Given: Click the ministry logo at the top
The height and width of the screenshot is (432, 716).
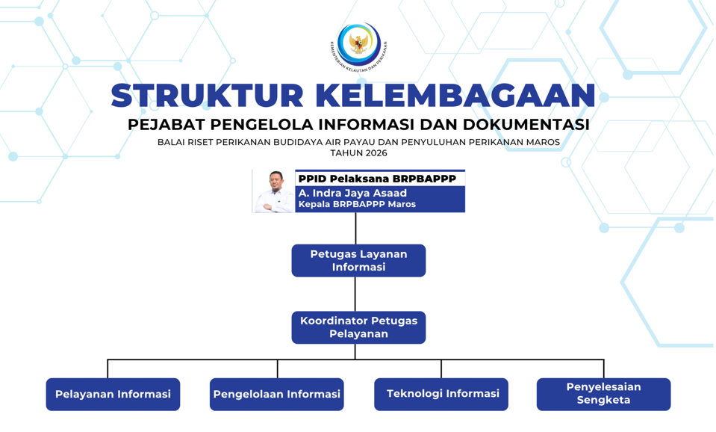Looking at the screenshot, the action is (x=358, y=46).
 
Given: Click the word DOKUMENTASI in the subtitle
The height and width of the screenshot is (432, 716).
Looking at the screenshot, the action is (x=526, y=124).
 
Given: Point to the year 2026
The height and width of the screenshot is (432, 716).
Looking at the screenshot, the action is (x=375, y=153).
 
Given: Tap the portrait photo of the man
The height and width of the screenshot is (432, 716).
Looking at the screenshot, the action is (x=274, y=191).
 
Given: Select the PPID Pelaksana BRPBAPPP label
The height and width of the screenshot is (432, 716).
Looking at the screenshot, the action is (x=377, y=179).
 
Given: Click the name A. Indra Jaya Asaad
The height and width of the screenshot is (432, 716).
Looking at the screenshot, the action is (x=352, y=193).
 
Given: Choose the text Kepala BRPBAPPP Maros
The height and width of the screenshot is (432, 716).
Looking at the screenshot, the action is (x=357, y=204).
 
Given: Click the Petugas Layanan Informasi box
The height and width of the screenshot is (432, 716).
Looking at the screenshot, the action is (x=358, y=261).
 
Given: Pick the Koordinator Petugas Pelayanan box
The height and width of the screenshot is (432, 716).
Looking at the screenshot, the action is (x=358, y=327).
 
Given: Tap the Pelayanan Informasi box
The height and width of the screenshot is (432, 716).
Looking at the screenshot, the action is (x=113, y=394).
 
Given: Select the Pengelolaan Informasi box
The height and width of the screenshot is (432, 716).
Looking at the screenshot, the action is (x=277, y=394).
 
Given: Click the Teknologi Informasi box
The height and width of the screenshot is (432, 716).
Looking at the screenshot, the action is (x=441, y=394).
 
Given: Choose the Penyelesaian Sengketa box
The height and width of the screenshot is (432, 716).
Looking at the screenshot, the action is (x=604, y=394).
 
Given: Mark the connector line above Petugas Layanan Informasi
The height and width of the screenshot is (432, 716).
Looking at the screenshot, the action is (x=355, y=229).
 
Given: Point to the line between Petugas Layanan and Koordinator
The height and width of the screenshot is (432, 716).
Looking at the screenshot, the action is (x=355, y=294).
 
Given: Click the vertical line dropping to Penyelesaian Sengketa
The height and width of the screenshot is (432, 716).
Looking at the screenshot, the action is (x=604, y=369).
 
